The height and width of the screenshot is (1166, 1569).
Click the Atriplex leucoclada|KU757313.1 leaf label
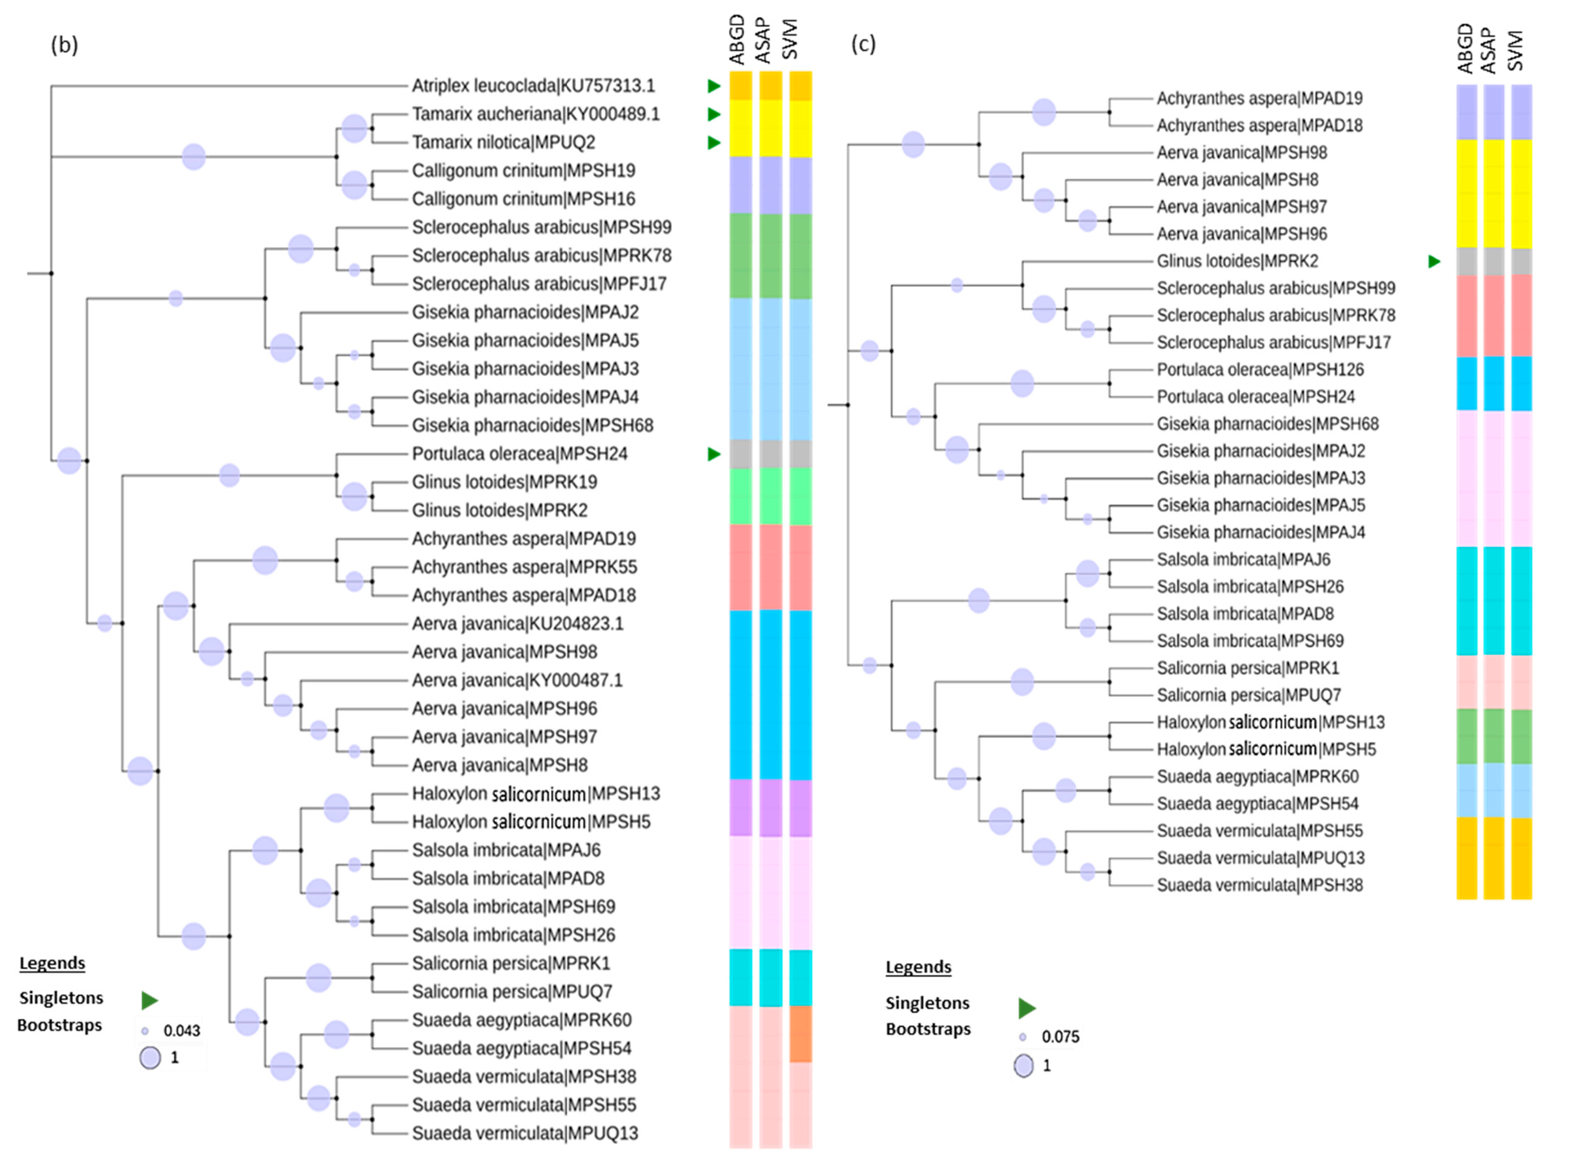coord(533,85)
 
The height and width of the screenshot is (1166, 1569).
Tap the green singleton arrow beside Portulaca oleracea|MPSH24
coord(713,454)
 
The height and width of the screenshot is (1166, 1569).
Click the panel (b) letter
coord(64,44)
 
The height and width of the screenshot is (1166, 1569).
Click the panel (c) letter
coord(863,44)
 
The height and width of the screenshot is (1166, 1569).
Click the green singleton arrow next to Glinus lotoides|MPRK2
coord(1433,261)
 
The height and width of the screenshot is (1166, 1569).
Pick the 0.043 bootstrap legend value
coord(181,1030)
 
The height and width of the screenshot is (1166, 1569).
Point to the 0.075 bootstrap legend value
coord(1060,1036)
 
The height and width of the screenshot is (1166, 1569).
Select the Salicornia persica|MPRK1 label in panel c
coord(1247,668)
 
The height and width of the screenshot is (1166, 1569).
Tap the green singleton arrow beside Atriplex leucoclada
coord(713,85)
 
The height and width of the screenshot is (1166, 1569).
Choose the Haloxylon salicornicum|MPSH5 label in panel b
coord(531,822)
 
